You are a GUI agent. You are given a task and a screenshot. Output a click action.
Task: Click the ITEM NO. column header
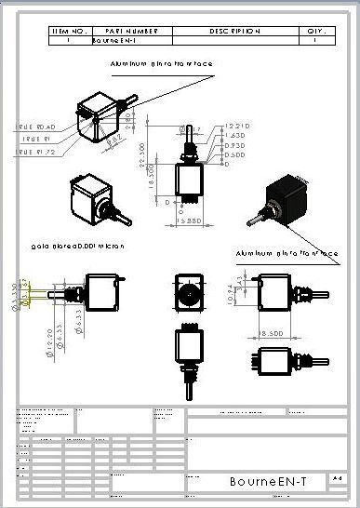(69, 31)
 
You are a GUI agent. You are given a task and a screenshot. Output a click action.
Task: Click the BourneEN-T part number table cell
(116, 41)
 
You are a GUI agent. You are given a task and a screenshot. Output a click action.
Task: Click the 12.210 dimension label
(237, 126)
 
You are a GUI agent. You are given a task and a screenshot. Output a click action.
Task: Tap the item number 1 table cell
(69, 41)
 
